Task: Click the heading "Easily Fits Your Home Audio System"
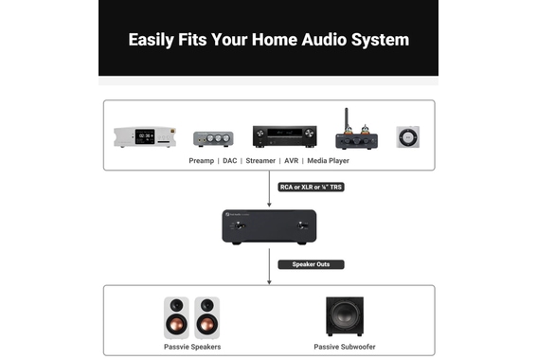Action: tap(269, 40)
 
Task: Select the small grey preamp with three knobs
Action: tap(213, 138)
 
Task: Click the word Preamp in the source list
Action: tap(202, 161)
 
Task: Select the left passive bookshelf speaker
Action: tap(177, 318)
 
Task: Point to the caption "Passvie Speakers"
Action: tap(191, 347)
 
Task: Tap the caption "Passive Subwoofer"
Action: tap(344, 347)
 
